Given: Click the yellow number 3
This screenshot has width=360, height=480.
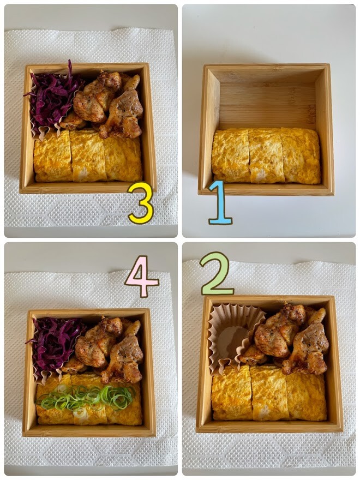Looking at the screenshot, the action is pos(141,204).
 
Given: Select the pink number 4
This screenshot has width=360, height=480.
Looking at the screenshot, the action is pos(141,276).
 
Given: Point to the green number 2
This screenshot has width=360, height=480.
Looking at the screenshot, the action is pos(217,274).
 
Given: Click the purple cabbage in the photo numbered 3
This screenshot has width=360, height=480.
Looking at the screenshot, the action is pos(53,97).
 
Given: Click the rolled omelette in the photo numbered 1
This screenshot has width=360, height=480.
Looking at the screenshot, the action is pos(266,155).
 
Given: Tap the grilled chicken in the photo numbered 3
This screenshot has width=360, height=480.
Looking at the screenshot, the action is pos(106,104).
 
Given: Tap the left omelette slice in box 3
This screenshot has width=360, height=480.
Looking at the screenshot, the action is pos(53,156).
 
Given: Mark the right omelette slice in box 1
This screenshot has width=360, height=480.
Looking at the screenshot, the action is pos(302,155).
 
